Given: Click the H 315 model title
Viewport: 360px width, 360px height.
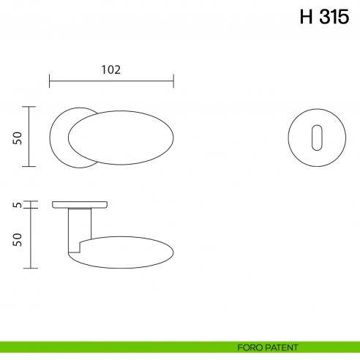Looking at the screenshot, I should point(324,17).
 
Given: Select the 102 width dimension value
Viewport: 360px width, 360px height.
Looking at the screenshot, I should point(110,70).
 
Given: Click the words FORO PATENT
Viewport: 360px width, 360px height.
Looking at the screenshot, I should point(268,347).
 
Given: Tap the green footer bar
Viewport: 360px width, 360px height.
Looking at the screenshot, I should point(110,347).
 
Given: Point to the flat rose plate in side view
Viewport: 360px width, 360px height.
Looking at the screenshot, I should point(80,203).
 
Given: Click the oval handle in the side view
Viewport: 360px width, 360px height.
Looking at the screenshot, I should point(124,251).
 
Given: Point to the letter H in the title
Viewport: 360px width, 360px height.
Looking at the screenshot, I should point(306,17).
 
